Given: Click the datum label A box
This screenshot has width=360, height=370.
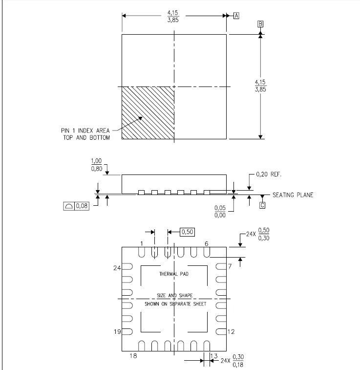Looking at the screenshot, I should click(x=236, y=16).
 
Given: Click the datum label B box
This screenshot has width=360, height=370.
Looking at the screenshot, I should click(x=261, y=24).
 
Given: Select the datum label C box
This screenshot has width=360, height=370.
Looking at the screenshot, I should click(x=262, y=205).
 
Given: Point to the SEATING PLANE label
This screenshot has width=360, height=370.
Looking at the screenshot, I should click(x=293, y=195).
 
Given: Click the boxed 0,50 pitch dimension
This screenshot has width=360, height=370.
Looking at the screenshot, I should click(x=188, y=232).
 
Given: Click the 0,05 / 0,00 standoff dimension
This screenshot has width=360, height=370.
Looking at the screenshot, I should click(x=220, y=211).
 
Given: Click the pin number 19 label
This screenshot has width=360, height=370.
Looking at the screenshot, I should click(x=117, y=332).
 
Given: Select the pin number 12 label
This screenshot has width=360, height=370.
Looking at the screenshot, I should click(x=231, y=332).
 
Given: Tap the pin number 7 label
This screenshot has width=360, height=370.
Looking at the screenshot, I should click(x=230, y=266).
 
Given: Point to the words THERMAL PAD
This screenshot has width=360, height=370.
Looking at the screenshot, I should click(x=174, y=274).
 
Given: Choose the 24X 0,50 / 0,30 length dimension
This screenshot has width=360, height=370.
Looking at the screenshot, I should click(x=257, y=235).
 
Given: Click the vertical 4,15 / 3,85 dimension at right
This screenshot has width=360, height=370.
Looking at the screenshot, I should click(x=260, y=86).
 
